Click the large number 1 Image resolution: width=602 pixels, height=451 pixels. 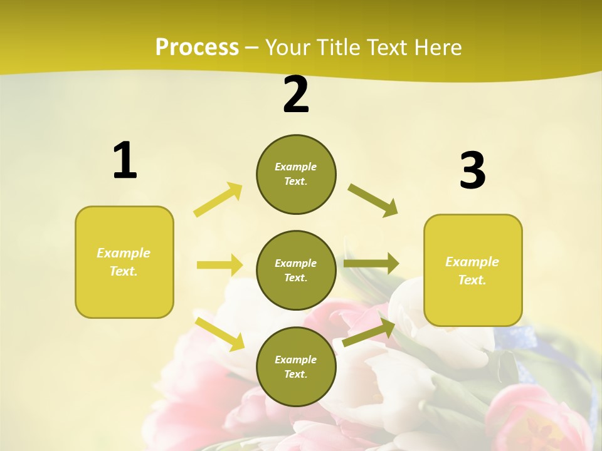(x=125, y=161)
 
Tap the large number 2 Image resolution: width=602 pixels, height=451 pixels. (x=296, y=95)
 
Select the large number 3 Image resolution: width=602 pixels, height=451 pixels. (x=472, y=171)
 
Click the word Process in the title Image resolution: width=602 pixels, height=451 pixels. (x=197, y=47)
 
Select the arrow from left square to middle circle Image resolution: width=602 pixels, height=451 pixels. (x=219, y=265)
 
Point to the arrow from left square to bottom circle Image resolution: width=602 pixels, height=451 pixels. (x=220, y=334)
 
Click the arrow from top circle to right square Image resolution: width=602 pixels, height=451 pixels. (x=373, y=200)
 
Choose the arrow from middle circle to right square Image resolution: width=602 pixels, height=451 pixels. (x=371, y=264)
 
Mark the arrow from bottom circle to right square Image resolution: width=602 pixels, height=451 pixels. (x=369, y=333)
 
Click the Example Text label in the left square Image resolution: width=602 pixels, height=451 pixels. (x=124, y=262)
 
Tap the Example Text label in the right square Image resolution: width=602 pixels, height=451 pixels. (x=472, y=271)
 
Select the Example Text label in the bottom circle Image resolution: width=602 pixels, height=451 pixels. (x=295, y=366)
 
